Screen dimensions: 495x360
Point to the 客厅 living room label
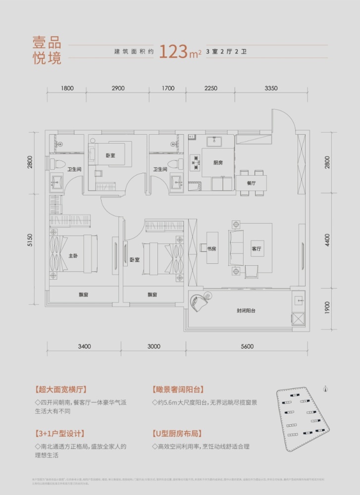point(256,249)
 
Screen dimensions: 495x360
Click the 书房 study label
point(211,248)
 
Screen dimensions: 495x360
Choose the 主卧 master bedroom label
point(73,256)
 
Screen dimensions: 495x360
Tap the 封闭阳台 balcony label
point(246,311)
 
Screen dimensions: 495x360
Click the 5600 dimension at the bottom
point(247,346)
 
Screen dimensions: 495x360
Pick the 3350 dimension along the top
point(271,89)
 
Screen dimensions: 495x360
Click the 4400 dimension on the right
point(327,241)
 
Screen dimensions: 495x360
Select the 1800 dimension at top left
point(67,89)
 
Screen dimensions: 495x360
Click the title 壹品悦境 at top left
point(47,49)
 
